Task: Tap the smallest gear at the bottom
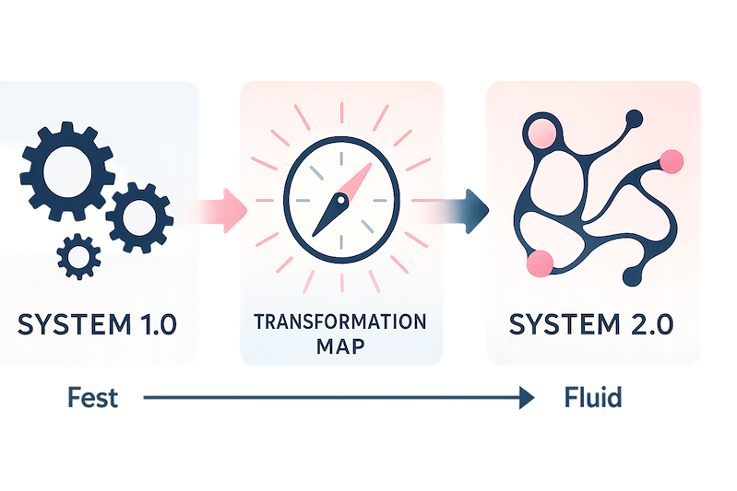[x=79, y=255]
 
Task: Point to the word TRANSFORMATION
[x=341, y=322]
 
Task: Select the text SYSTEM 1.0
[x=95, y=325]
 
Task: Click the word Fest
[x=93, y=398]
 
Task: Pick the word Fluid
[x=593, y=398]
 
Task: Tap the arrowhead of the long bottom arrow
[x=527, y=398]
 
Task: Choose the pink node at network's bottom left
[x=539, y=263]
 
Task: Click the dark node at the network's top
[x=634, y=118]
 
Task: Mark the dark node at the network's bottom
[x=635, y=275]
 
